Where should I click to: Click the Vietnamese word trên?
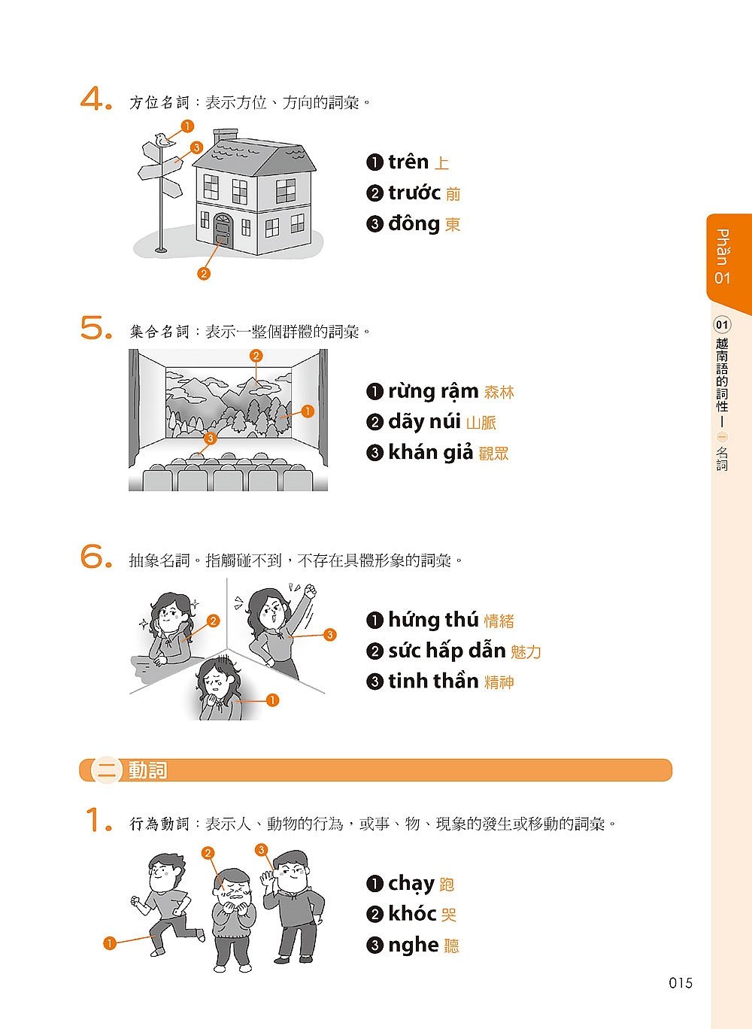(408, 162)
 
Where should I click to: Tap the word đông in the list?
(414, 223)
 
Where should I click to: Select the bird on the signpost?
(163, 140)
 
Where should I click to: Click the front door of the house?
(223, 229)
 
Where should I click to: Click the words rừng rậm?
(433, 391)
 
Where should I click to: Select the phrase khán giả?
(430, 453)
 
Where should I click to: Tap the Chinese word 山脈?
(481, 423)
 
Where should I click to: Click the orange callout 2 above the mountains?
(256, 356)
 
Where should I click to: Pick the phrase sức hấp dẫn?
(447, 651)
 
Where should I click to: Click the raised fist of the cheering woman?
(311, 590)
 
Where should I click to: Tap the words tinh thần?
(433, 681)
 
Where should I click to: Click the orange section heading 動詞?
(147, 770)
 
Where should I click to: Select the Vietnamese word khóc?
(412, 913)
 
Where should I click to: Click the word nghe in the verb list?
(414, 946)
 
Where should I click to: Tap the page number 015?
(681, 983)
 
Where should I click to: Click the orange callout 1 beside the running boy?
(109, 943)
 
